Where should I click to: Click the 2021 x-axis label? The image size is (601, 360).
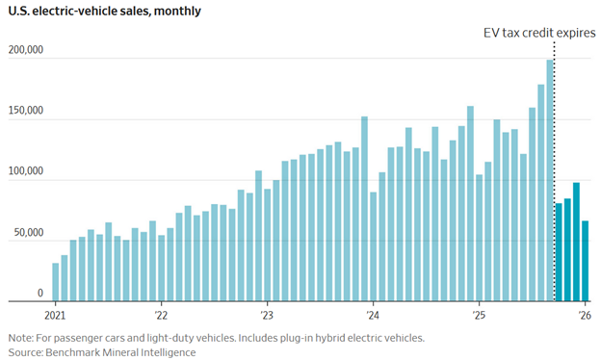55,315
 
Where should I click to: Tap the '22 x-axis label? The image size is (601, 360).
161,315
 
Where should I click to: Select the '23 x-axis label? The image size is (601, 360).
267,315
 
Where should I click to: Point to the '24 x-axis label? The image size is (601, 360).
373,315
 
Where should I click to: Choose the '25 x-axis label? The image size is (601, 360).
479,315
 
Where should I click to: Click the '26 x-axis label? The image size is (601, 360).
584,315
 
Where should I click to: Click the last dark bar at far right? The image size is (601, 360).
585,261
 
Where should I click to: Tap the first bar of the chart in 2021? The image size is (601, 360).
56,282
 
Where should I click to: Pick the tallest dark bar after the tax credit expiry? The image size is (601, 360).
576,242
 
